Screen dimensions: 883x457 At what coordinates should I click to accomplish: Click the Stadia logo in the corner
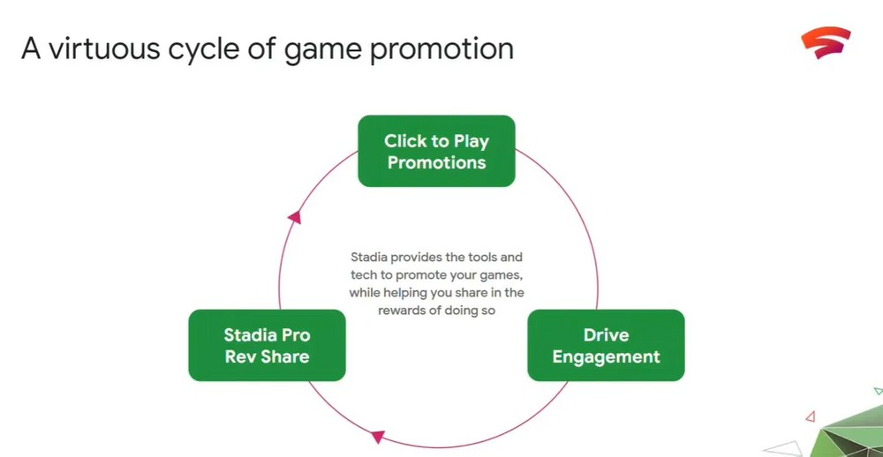(x=826, y=42)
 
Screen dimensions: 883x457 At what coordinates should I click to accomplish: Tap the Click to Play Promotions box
(x=436, y=151)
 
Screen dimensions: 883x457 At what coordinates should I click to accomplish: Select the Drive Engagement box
(x=606, y=345)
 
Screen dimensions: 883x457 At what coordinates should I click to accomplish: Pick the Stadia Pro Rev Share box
(x=267, y=345)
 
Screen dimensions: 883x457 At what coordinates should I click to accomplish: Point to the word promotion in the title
(x=441, y=50)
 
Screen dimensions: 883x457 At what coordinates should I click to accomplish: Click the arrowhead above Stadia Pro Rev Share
(x=295, y=217)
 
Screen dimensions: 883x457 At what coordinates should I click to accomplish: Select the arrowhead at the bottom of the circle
(x=377, y=436)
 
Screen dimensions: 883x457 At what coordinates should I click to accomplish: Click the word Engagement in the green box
(x=606, y=356)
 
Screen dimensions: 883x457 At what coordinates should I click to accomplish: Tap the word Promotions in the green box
(x=436, y=162)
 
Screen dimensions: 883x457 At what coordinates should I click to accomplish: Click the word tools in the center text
(x=481, y=258)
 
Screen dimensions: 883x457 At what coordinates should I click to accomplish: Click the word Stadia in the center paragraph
(x=369, y=258)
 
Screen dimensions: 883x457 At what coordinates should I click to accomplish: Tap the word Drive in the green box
(x=606, y=335)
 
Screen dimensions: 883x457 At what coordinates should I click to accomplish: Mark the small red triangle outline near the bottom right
(x=811, y=416)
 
